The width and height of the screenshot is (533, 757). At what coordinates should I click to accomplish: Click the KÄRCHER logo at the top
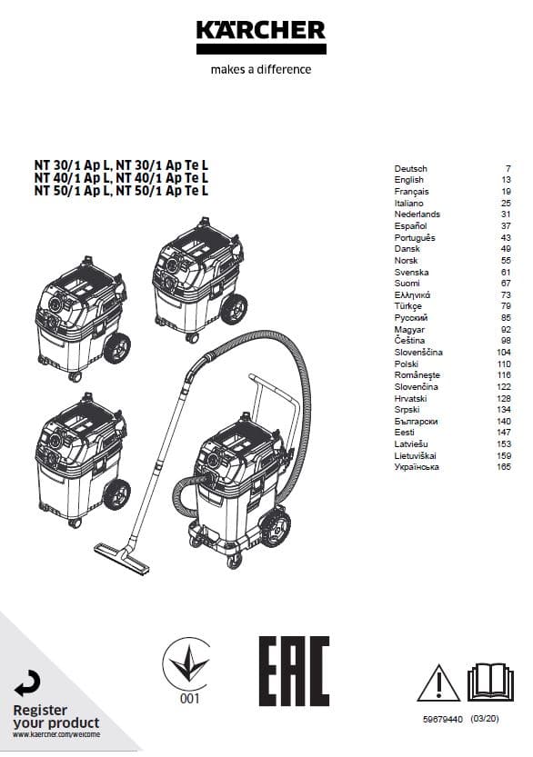261,36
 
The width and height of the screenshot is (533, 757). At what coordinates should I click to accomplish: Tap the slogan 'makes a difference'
261,69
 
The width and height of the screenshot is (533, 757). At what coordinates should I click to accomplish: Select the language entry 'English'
408,180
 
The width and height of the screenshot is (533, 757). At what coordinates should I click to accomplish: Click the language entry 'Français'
411,192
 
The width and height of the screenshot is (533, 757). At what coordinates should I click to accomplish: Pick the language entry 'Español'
410,226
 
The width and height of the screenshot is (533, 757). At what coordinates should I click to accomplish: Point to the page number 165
504,467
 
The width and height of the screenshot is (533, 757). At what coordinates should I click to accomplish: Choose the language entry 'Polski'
406,364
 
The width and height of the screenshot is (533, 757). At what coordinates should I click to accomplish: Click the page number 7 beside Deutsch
508,169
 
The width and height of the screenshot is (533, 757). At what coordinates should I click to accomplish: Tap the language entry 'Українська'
417,467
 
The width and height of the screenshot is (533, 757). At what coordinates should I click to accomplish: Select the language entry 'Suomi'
407,284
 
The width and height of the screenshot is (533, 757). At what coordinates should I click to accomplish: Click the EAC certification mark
294,671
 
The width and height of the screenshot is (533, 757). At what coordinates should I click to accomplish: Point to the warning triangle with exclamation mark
438,682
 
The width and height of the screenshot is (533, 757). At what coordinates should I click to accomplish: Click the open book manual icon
490,682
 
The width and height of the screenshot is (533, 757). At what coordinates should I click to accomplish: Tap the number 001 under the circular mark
189,698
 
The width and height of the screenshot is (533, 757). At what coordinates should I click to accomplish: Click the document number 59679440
443,720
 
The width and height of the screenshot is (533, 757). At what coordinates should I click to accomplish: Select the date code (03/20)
484,719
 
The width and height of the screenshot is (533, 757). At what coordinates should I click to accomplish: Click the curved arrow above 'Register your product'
27,683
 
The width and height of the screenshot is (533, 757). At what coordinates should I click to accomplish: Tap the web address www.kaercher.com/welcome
56,734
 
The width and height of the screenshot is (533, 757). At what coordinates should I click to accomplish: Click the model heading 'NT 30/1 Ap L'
73,165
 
